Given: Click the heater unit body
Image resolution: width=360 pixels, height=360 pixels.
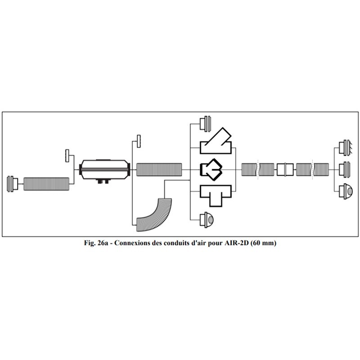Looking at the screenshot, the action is (x=105, y=170).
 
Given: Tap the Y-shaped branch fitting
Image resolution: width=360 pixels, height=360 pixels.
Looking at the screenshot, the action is (x=216, y=142).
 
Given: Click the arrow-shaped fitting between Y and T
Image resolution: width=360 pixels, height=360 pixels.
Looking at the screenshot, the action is (x=211, y=170).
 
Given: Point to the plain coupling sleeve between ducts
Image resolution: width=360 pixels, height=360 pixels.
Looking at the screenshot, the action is (x=285, y=170).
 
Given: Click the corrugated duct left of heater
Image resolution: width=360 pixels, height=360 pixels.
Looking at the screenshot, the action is (x=46, y=184).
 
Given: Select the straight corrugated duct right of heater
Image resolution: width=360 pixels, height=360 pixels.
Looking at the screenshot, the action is (x=159, y=170).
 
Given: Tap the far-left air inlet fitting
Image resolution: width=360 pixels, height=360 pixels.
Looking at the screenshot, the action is (x=13, y=184).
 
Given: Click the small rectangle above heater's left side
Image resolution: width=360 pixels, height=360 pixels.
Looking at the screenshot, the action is (x=67, y=156).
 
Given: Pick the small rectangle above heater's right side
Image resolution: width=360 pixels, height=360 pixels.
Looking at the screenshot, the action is (x=139, y=141).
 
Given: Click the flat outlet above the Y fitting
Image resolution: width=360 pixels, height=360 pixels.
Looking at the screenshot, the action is (x=205, y=124).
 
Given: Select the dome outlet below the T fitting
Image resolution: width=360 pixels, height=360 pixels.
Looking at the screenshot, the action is (x=207, y=220).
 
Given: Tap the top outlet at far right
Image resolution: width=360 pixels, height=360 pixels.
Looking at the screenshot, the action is (x=345, y=148).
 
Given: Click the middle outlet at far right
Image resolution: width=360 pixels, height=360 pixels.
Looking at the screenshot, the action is (x=345, y=170).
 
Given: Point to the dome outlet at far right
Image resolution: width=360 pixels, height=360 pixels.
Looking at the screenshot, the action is (x=346, y=191).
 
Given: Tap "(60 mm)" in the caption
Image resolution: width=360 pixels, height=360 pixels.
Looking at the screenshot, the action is (x=263, y=243).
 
